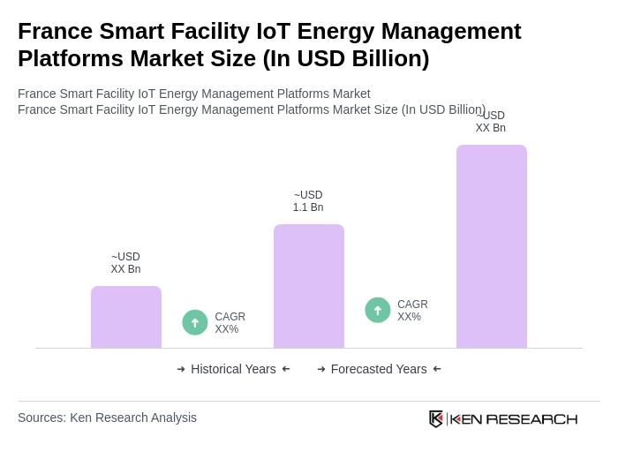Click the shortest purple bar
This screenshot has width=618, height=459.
[x=126, y=317]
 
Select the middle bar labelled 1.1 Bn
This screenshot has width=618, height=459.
[x=309, y=286]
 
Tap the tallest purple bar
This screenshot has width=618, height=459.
[x=492, y=246]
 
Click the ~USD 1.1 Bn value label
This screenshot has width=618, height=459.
[x=308, y=201]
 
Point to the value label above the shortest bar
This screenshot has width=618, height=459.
[x=125, y=263]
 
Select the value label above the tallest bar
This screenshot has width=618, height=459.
[x=491, y=122]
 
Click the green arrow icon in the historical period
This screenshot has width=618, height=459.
[x=195, y=323]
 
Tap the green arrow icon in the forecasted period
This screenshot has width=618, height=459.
[x=378, y=311]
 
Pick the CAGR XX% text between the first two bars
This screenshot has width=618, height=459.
[x=230, y=323]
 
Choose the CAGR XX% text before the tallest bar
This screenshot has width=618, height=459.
[x=412, y=311]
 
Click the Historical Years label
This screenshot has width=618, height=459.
[x=233, y=369]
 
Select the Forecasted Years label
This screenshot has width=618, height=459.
[x=379, y=369]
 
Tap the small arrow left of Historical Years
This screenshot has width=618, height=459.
[x=181, y=369]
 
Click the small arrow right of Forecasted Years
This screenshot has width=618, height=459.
[x=437, y=369]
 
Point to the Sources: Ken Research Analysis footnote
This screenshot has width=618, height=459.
[x=107, y=418]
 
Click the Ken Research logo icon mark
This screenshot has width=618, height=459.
[x=436, y=418]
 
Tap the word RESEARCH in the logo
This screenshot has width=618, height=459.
[x=531, y=418]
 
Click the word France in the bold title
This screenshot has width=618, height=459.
[x=57, y=31]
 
